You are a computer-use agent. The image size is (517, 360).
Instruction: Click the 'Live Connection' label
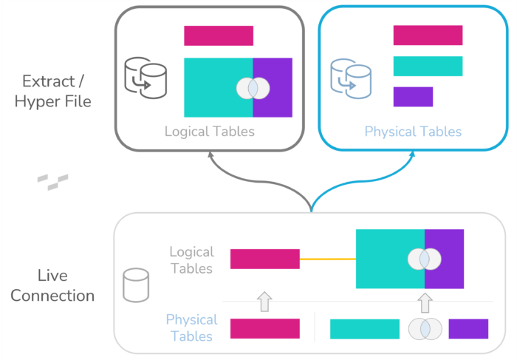point(52,285)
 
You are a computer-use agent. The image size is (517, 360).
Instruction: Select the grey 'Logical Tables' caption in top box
point(210,132)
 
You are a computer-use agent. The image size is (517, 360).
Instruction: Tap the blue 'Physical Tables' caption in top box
point(413,132)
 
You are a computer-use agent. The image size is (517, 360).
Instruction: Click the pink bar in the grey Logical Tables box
point(219,35)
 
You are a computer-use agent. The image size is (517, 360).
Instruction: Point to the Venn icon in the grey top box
point(253,88)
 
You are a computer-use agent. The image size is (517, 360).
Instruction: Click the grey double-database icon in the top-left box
point(145,76)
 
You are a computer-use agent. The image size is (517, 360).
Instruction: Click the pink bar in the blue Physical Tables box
point(428,35)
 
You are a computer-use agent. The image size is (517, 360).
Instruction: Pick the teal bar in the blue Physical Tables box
point(428,66)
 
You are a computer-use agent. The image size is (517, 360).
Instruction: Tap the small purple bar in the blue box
point(413,97)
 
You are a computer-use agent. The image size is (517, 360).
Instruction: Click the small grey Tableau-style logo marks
point(53,181)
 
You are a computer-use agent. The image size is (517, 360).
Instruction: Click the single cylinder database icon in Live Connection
point(135,285)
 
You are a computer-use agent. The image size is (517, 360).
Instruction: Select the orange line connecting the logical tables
point(327,259)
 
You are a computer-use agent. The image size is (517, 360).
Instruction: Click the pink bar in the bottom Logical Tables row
point(264,259)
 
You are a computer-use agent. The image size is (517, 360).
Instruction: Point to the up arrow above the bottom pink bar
point(264,301)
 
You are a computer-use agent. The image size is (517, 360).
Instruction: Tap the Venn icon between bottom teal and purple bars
point(425,329)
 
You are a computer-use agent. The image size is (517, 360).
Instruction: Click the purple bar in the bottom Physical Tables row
point(468,329)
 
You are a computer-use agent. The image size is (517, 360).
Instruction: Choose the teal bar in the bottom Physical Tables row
point(364,329)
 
